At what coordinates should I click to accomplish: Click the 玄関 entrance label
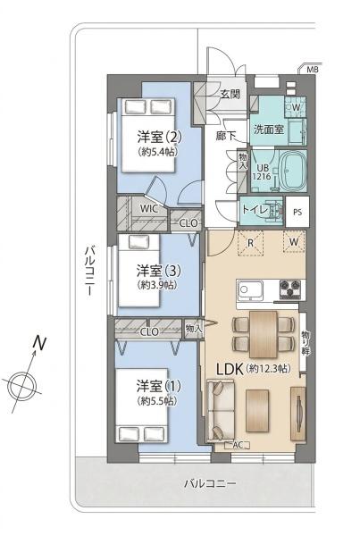pyautogui.click(x=230, y=95)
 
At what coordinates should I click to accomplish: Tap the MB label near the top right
pyautogui.click(x=312, y=70)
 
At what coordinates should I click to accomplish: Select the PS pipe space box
pyautogui.click(x=297, y=212)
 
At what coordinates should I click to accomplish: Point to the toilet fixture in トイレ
pyautogui.click(x=273, y=211)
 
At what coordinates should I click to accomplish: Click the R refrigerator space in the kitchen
pyautogui.click(x=251, y=243)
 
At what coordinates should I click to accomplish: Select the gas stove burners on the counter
pyautogui.click(x=290, y=289)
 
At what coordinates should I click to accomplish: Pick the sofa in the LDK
pyautogui.click(x=221, y=409)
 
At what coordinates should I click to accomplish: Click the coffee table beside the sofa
pyautogui.click(x=257, y=411)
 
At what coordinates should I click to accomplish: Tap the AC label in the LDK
pyautogui.click(x=238, y=445)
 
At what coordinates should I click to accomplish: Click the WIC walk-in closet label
pyautogui.click(x=149, y=208)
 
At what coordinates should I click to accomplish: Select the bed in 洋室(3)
pyautogui.click(x=138, y=271)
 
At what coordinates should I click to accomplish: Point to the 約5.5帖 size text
pyautogui.click(x=157, y=400)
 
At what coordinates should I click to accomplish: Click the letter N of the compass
pyautogui.click(x=39, y=343)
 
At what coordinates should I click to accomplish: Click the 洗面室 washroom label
pyautogui.click(x=269, y=130)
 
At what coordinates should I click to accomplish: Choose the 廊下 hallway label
pyautogui.click(x=226, y=136)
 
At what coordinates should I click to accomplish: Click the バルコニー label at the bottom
pyautogui.click(x=210, y=483)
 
